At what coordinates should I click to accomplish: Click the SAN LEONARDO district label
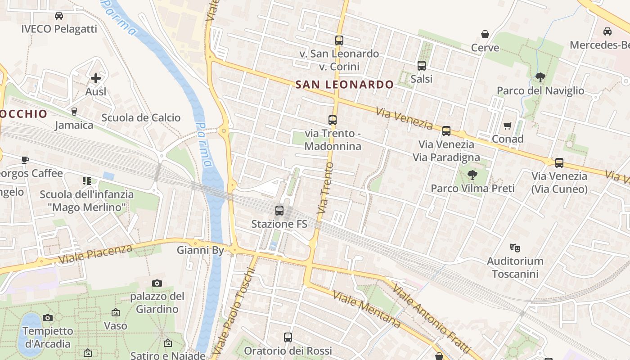point(344,84)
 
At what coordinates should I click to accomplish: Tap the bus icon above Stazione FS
point(279,211)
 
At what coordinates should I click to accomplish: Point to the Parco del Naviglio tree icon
point(540,77)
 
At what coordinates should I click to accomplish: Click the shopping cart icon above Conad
point(508,126)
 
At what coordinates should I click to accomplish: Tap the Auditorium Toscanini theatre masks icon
point(515,247)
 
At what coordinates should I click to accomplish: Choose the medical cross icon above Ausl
point(96,78)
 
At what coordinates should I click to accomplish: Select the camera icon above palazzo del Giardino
point(157,283)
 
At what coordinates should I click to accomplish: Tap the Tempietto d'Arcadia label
point(48,337)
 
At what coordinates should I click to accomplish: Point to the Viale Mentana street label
point(367,308)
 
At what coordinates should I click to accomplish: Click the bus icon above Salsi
point(422,66)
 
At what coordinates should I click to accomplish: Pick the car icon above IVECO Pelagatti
point(59,16)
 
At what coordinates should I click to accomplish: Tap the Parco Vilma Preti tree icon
point(472,175)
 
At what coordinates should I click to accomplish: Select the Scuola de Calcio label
point(141,118)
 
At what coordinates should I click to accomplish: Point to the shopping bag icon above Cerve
point(485,34)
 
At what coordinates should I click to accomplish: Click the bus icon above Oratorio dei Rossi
point(288,337)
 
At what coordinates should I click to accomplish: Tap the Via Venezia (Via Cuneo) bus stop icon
point(559,163)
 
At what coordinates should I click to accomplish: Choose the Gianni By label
point(200,250)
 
